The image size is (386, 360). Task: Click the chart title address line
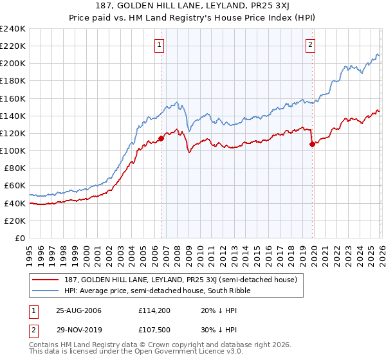pyautogui.click(x=192, y=6)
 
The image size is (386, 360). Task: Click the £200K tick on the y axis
pyautogui.click(x=12, y=64)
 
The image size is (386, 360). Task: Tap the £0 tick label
pyautogui.click(x=19, y=238)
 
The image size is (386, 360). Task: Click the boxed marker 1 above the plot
pyautogui.click(x=159, y=44)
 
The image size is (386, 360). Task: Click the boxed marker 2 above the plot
pyautogui.click(x=310, y=44)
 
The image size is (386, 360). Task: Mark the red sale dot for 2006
pyautogui.click(x=161, y=138)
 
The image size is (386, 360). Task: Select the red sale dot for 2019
pyautogui.click(x=312, y=144)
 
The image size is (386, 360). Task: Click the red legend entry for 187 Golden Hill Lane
pyautogui.click(x=179, y=280)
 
